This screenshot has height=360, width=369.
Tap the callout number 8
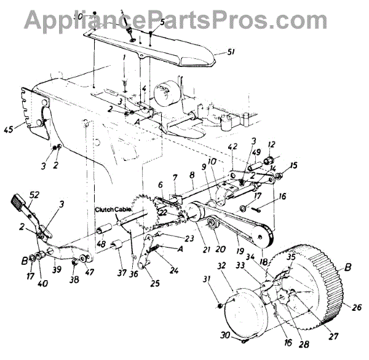pos(192,175)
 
